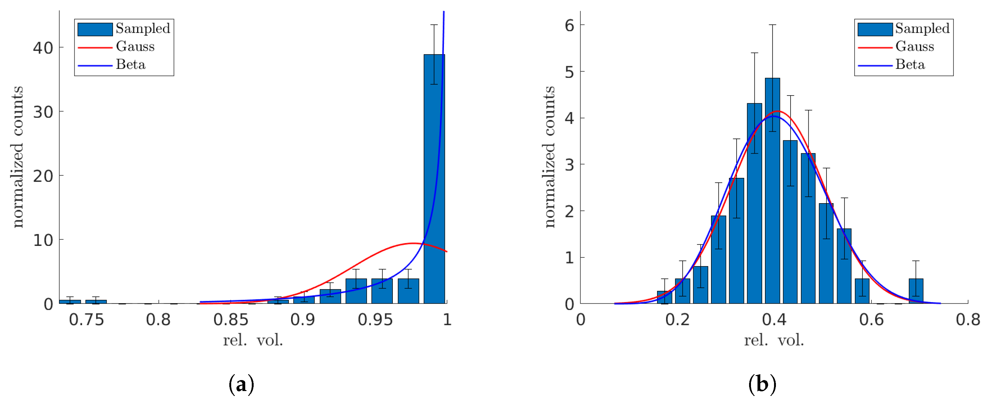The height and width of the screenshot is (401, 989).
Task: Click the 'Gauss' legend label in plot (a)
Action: pos(135,46)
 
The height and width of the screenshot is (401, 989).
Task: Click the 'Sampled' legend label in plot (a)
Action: pos(143,28)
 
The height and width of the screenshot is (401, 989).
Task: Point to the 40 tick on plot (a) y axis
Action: pos(43,48)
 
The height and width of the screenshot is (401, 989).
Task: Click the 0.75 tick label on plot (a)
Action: pos(86,320)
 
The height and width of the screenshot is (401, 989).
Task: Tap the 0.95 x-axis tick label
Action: pos(375,320)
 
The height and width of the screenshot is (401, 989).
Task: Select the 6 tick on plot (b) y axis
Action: pos(569,26)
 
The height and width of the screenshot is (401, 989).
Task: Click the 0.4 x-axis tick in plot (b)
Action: pos(774,320)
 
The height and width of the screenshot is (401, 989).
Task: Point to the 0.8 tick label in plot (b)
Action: pos(967,320)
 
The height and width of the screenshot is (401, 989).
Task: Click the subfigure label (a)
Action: pos(241,384)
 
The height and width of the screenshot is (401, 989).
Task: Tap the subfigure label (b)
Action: pos(762,384)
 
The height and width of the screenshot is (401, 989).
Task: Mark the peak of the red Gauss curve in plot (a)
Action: pos(413,243)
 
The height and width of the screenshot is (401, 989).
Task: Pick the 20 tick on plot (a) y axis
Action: pos(43,176)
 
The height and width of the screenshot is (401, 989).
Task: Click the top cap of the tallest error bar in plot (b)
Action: pos(772,25)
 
